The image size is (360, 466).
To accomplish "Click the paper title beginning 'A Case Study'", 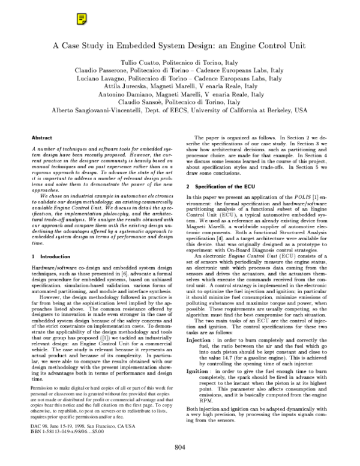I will (179, 44).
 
